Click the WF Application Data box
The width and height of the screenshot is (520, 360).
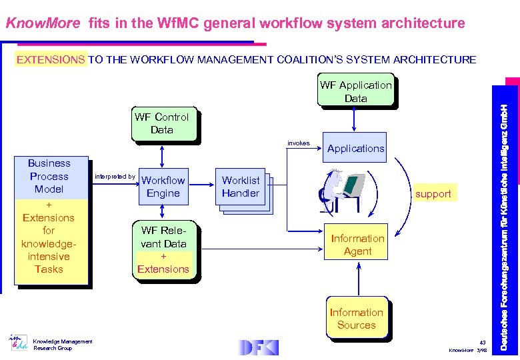[355, 92]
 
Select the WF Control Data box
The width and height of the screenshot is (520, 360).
[162, 124]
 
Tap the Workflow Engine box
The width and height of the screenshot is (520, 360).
[163, 187]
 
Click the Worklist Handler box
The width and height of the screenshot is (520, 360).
[241, 187]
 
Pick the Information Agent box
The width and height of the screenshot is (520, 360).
[357, 245]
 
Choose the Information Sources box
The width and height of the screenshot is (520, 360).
[356, 319]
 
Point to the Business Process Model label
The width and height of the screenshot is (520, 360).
[49, 177]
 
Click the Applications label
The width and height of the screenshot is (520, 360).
[355, 149]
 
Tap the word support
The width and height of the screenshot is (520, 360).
[433, 194]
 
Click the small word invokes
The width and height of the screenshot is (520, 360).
[298, 143]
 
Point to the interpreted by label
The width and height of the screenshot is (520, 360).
[115, 177]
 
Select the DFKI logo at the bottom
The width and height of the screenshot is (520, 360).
[258, 347]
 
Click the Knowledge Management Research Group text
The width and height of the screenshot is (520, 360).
[63, 345]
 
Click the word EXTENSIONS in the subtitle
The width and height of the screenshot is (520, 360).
[51, 60]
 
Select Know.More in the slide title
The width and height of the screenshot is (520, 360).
[43, 24]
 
